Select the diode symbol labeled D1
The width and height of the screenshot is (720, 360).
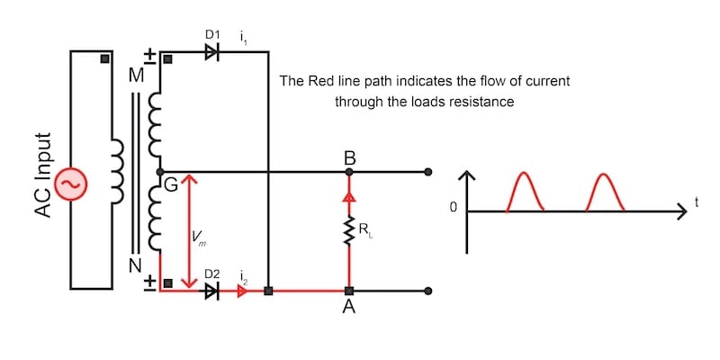tap(212, 52)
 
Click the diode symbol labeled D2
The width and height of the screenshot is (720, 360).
tap(212, 291)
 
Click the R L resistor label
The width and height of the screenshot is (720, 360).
tap(364, 231)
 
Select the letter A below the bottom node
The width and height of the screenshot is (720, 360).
tap(349, 309)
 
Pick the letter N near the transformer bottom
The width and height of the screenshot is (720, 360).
tap(135, 265)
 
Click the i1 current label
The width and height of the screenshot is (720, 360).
tap(243, 37)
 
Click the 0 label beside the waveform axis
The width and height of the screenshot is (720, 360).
tap(454, 208)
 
